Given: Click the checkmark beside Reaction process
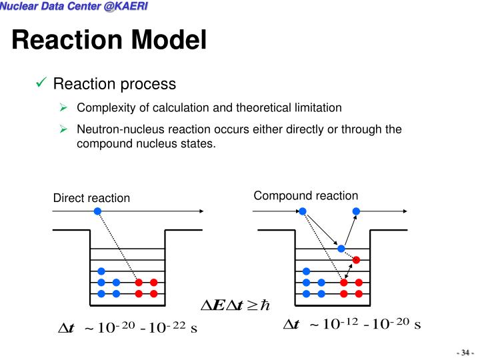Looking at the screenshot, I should click(x=40, y=83).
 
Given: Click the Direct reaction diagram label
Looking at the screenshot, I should click(x=91, y=198).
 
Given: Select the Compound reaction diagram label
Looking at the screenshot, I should click(x=305, y=195).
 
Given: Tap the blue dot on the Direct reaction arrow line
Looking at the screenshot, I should click(x=97, y=211).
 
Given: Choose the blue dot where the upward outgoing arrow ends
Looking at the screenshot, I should click(x=356, y=211).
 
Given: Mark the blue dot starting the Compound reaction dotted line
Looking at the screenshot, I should click(x=303, y=211).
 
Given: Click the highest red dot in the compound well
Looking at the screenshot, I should click(x=357, y=259).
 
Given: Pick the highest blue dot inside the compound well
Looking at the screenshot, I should click(x=341, y=249).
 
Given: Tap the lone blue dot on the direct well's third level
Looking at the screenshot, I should click(x=101, y=271).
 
